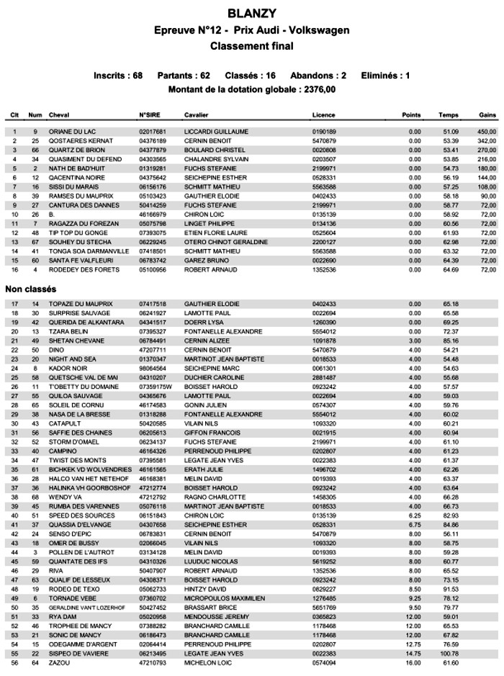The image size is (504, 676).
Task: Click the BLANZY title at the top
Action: coord(251,13)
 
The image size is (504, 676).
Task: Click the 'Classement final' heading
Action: coord(251,46)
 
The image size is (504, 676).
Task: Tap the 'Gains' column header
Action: coord(487,115)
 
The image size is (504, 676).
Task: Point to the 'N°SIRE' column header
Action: coord(150,115)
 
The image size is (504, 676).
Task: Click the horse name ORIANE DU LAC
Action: coord(73,132)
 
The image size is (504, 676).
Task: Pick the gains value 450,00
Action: coord(487,132)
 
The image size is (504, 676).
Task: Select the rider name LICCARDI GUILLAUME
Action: coord(216,132)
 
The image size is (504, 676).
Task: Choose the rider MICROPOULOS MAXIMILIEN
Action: coord(225,598)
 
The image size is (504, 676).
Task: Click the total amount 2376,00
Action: coord(318,90)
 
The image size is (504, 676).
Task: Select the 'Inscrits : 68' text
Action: coord(118,76)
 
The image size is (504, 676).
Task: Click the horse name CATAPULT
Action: coord(65,423)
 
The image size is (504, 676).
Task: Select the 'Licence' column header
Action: coord(323,115)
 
